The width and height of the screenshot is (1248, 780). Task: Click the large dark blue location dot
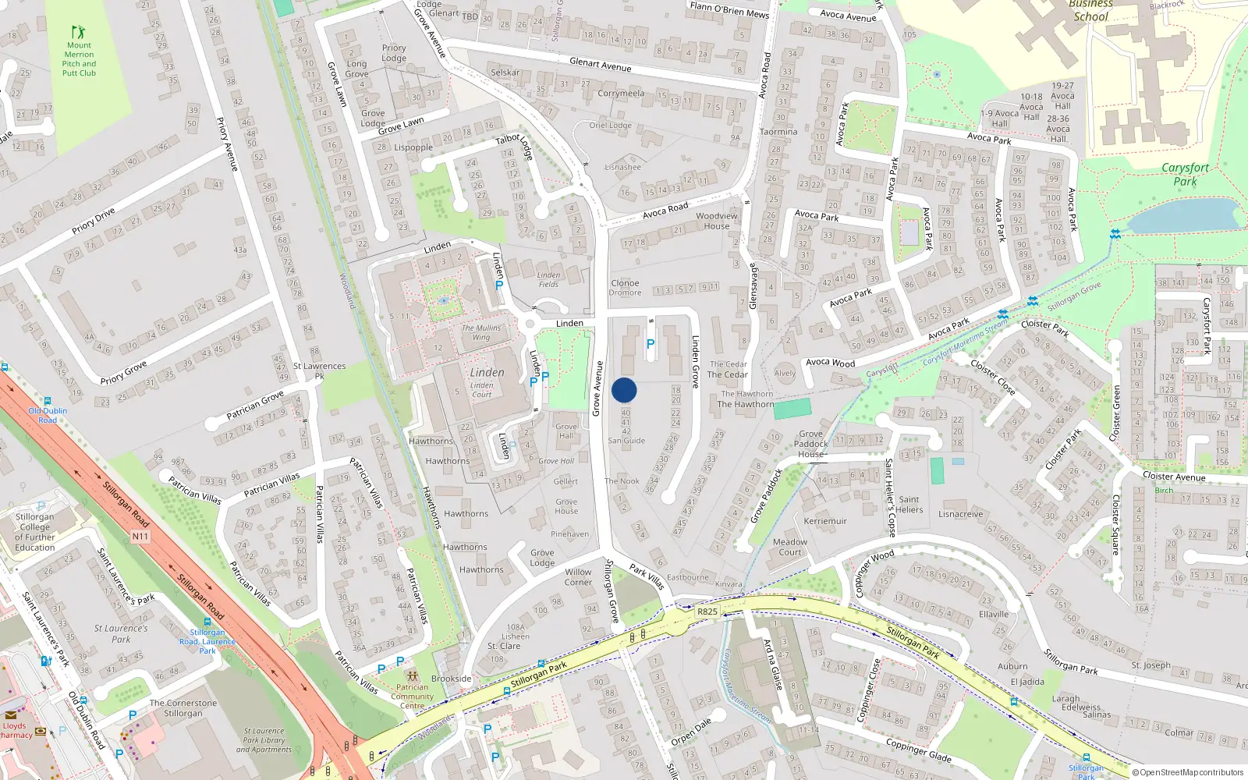click(624, 390)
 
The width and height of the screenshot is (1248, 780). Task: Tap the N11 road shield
click(140, 537)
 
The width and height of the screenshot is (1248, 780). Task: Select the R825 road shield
click(707, 612)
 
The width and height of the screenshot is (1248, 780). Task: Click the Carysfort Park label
click(1185, 174)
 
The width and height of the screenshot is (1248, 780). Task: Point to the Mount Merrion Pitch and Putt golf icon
click(79, 32)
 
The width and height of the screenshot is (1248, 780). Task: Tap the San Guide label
click(626, 441)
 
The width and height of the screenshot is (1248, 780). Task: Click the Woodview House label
click(716, 221)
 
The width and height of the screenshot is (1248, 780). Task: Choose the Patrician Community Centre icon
click(413, 675)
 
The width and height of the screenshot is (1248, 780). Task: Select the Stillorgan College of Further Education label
click(35, 532)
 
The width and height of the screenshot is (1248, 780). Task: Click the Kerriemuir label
click(825, 521)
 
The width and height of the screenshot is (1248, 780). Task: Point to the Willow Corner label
click(578, 577)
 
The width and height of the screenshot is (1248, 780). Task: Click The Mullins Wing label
click(481, 332)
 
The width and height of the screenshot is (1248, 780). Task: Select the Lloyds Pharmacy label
click(16, 730)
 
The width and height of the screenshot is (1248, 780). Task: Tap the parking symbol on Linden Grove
click(651, 343)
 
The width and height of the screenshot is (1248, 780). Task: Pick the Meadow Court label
click(789, 547)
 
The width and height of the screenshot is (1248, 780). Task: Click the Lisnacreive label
click(960, 514)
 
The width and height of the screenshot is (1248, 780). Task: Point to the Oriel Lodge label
click(610, 125)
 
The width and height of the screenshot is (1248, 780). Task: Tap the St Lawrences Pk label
click(319, 370)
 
